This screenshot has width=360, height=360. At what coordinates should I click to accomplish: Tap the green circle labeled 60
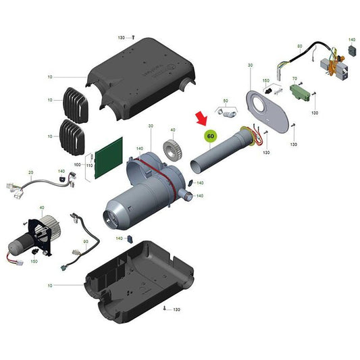point(211,135)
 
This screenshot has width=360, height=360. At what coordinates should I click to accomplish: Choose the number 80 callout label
point(299,46)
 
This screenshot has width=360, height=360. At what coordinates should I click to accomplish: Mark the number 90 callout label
point(86,240)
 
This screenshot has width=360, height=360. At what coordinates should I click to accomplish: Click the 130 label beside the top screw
point(122,37)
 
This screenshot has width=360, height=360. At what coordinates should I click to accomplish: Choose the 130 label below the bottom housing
point(177,309)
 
